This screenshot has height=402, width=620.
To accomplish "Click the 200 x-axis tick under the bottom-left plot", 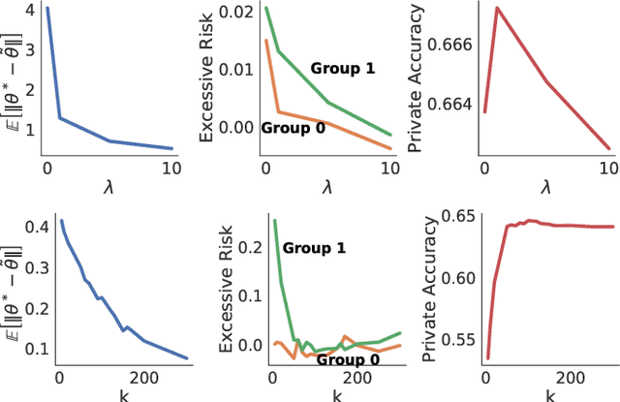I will pyautogui.click(x=147, y=378).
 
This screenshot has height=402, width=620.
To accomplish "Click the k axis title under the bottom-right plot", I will pyautogui.click(x=549, y=394).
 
